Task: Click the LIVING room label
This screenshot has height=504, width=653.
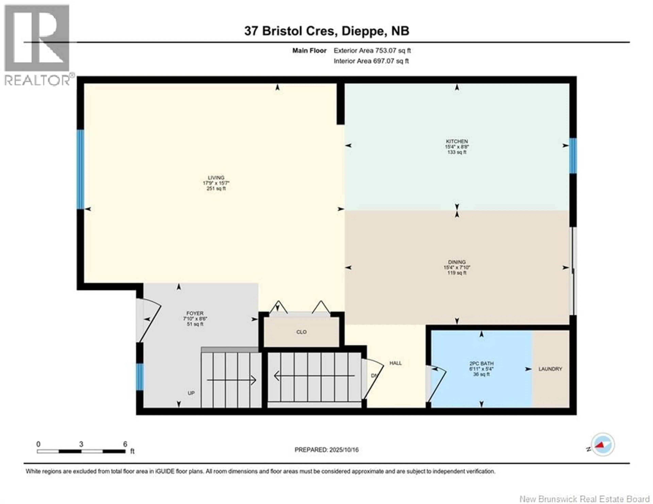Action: tap(216, 178)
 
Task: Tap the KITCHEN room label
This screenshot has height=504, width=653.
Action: tap(457, 141)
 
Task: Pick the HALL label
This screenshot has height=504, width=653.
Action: tap(396, 363)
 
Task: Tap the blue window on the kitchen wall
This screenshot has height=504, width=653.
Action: tap(573, 156)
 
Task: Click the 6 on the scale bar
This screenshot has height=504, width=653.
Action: tap(125, 444)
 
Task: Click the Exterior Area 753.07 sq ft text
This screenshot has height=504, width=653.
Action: tap(372, 51)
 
